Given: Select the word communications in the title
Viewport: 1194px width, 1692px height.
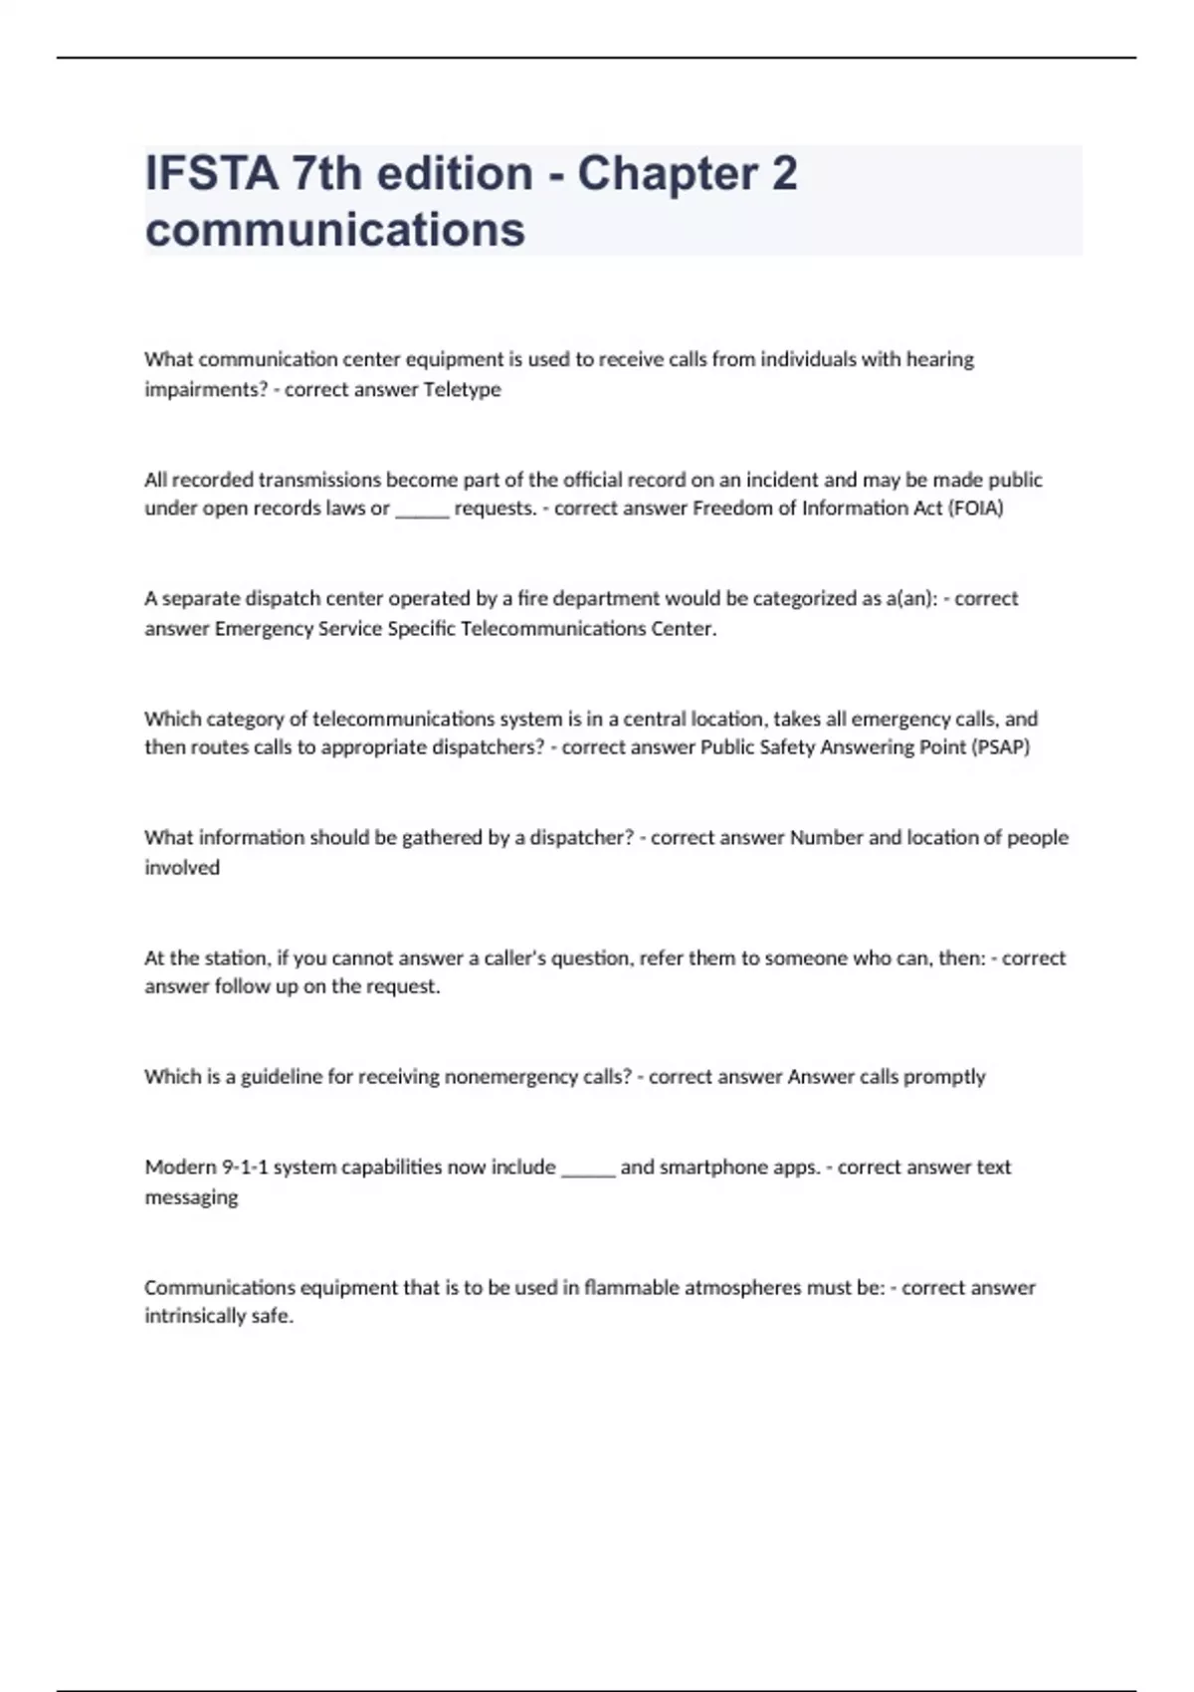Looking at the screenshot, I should [x=334, y=230].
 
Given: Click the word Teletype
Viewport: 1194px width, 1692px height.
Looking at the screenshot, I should [x=462, y=389].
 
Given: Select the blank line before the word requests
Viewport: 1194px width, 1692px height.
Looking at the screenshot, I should [x=422, y=512].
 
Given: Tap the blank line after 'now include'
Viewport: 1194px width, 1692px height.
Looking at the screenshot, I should [x=588, y=1170].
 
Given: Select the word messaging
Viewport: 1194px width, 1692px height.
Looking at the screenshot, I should [x=191, y=1197].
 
